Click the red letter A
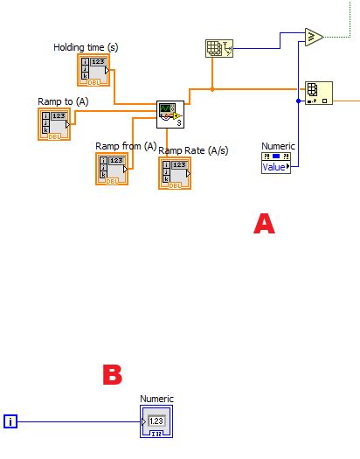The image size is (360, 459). (x=264, y=223)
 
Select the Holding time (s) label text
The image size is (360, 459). (x=87, y=46)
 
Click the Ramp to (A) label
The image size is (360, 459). (x=63, y=101)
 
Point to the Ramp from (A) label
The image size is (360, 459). (x=126, y=145)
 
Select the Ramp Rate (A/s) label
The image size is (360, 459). (x=193, y=150)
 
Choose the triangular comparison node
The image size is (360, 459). (x=314, y=37)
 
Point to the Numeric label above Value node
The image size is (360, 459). (x=279, y=146)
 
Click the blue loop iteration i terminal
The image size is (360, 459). (x=10, y=422)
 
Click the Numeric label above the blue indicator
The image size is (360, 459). (x=157, y=399)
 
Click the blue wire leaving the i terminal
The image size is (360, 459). (x=79, y=422)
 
